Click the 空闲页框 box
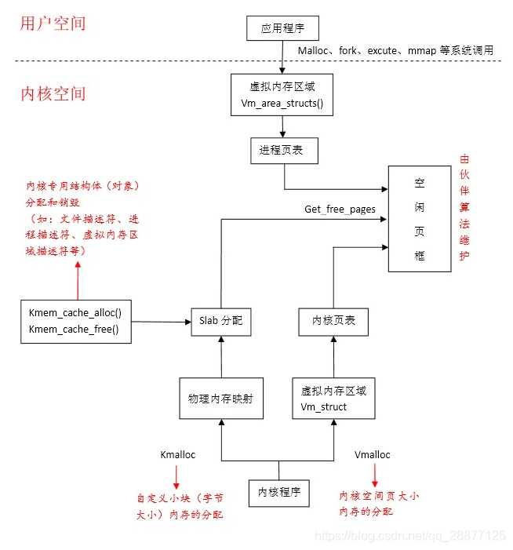click(x=420, y=219)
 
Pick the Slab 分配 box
click(x=220, y=321)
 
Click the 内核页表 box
click(x=334, y=321)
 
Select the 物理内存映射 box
click(x=220, y=398)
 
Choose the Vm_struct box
click(x=334, y=398)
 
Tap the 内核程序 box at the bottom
click(x=278, y=493)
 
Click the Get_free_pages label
click(x=340, y=209)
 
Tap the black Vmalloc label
click(x=373, y=455)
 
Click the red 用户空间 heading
click(x=53, y=24)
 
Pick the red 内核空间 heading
click(x=53, y=94)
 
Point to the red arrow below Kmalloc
click(x=176, y=477)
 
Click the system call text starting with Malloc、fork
click(x=395, y=50)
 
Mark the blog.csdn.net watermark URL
click(x=410, y=535)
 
